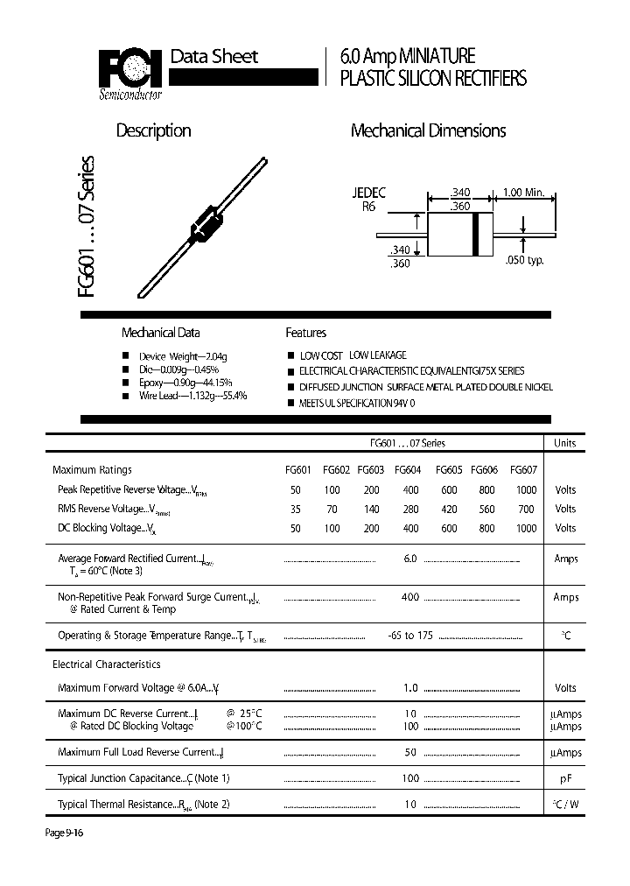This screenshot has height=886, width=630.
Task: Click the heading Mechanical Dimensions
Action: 428,130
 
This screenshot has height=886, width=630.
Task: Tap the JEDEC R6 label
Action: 368,200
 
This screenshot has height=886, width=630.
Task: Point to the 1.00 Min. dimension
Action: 524,193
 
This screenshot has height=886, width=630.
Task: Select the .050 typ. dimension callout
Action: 524,260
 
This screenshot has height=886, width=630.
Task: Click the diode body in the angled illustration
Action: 207,222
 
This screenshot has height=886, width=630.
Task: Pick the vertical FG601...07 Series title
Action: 89,228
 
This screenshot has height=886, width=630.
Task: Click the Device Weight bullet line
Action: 183,356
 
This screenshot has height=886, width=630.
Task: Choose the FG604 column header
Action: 408,469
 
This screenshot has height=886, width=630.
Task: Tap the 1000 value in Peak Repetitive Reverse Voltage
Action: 526,489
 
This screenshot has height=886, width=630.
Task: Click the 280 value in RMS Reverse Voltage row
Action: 409,509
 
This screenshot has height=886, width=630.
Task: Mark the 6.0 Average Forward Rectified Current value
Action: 409,559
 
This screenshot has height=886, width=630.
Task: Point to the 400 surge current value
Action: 409,597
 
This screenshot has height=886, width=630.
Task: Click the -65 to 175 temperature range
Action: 409,635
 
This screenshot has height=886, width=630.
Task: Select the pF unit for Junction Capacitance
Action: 565,777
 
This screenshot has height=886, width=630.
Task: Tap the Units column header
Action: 565,443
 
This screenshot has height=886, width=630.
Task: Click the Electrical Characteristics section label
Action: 107,664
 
